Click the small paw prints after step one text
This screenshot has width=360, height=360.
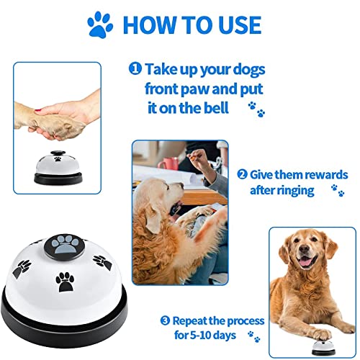point(253,109)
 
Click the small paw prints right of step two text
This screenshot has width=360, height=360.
point(336,191)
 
